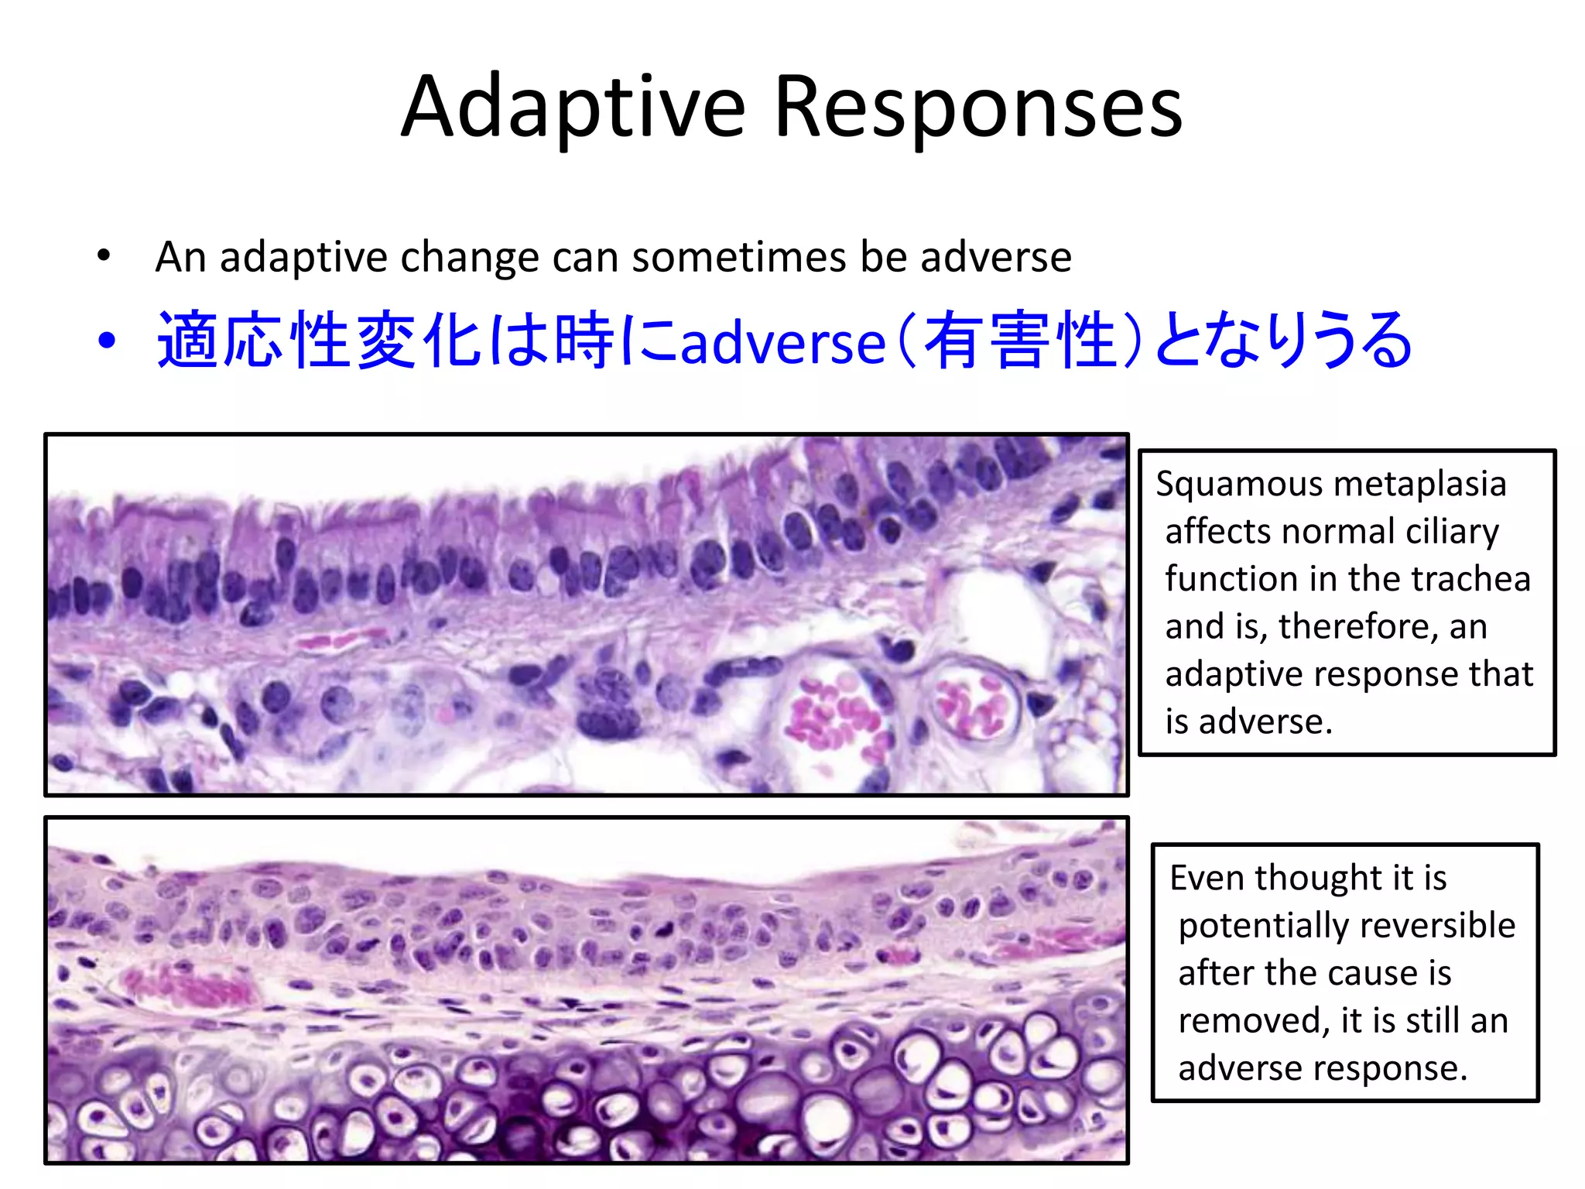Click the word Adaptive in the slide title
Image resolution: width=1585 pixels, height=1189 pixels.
pos(573,108)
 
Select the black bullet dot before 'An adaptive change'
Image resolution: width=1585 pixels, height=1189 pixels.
pos(104,255)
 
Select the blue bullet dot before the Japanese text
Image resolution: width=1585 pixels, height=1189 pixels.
pos(107,341)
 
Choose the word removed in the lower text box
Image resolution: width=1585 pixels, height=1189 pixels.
pos(1253,1021)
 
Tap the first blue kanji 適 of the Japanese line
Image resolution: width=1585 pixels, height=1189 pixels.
pos(188,341)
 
